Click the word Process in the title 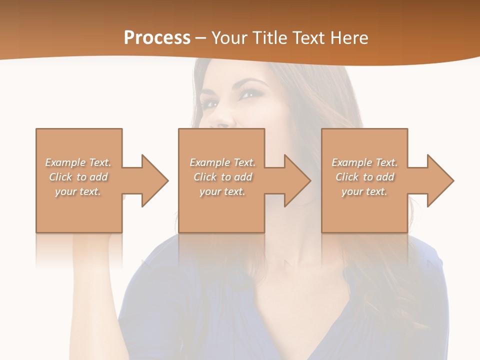point(157,38)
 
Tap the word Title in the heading point(270,38)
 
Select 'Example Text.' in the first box point(78,162)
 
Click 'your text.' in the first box point(78,191)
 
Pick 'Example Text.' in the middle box point(222,162)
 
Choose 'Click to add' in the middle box point(222,177)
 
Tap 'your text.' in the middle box point(222,191)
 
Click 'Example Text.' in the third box point(364,162)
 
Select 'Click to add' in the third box point(364,177)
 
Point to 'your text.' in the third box point(364,191)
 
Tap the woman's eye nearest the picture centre point(249,93)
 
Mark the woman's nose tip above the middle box point(223,121)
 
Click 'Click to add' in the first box point(78,177)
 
